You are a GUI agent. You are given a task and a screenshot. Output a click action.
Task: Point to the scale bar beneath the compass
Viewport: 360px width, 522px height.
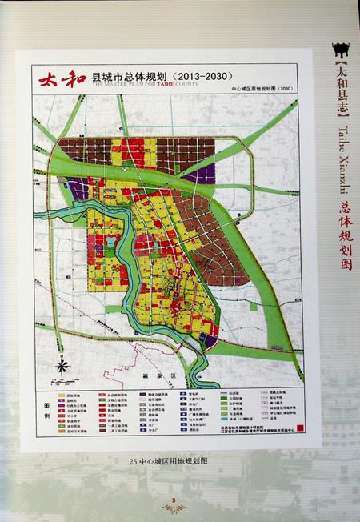point(61,377)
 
